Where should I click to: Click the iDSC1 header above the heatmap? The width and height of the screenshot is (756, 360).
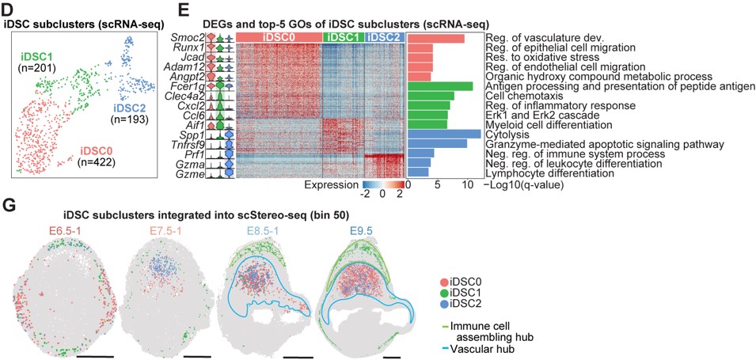click(343, 38)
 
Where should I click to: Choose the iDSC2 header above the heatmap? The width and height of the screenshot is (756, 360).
click(384, 38)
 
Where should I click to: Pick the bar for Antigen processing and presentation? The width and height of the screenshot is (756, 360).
click(439, 86)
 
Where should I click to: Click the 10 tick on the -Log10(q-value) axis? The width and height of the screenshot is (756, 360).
click(468, 184)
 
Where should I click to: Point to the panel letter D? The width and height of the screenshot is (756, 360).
click(9, 9)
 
